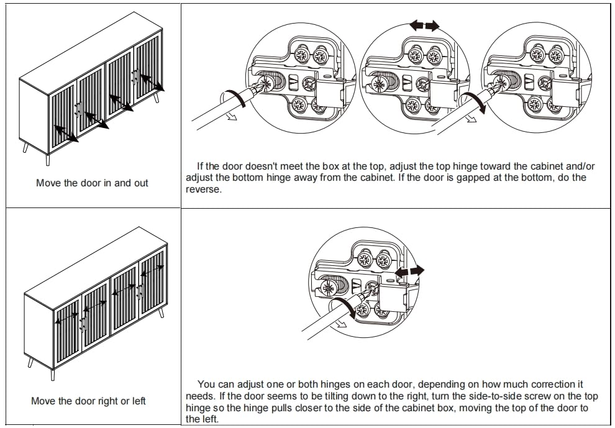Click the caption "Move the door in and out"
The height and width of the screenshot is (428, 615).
[x=92, y=183]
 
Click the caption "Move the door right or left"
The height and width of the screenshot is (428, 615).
[x=88, y=401]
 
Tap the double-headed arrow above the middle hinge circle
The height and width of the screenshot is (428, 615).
[x=424, y=26]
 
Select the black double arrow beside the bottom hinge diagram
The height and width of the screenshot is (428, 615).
[x=409, y=271]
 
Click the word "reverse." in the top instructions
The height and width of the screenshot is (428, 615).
[x=204, y=189]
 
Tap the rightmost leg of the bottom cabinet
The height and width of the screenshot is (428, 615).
[x=161, y=312]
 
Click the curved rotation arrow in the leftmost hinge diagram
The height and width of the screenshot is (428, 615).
[x=234, y=98]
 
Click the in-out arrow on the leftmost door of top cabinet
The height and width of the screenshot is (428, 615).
[x=66, y=134]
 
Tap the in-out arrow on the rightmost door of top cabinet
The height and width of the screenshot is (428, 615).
[x=152, y=83]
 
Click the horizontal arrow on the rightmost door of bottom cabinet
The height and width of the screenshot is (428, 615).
[x=152, y=270]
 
